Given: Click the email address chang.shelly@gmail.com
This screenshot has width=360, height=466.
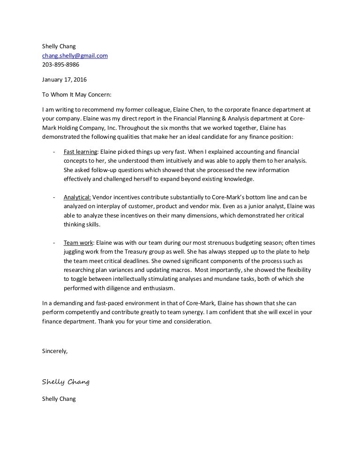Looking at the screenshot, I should click(75, 55).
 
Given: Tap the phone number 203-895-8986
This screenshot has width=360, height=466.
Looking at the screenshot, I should click(60, 64).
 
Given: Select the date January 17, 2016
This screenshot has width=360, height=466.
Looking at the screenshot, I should click(64, 79).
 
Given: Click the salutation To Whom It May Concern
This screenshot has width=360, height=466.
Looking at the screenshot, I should click(77, 94).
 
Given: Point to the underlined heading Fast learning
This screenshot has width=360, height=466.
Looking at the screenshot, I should click(81, 152).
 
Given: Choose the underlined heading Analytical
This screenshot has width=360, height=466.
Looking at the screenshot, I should click(77, 197).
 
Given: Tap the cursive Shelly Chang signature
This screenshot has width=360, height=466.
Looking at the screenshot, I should click(66, 382).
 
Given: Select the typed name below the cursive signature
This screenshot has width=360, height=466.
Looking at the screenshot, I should click(59, 399).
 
